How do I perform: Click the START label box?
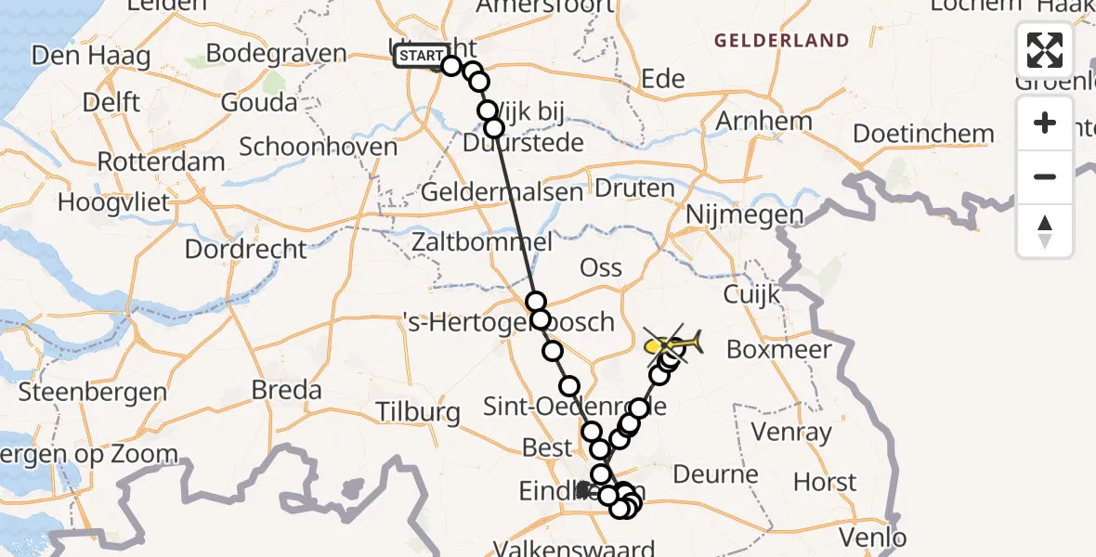421,58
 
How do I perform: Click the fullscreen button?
1045,50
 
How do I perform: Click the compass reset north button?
1045,230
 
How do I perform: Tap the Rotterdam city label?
161,162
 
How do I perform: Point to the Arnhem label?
764,122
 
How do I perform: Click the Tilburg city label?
418,411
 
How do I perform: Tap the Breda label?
287,390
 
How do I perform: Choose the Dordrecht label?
245,250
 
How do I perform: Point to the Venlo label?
871,537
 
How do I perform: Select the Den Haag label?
91,57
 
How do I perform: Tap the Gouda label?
261,102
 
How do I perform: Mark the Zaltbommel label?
486,243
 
